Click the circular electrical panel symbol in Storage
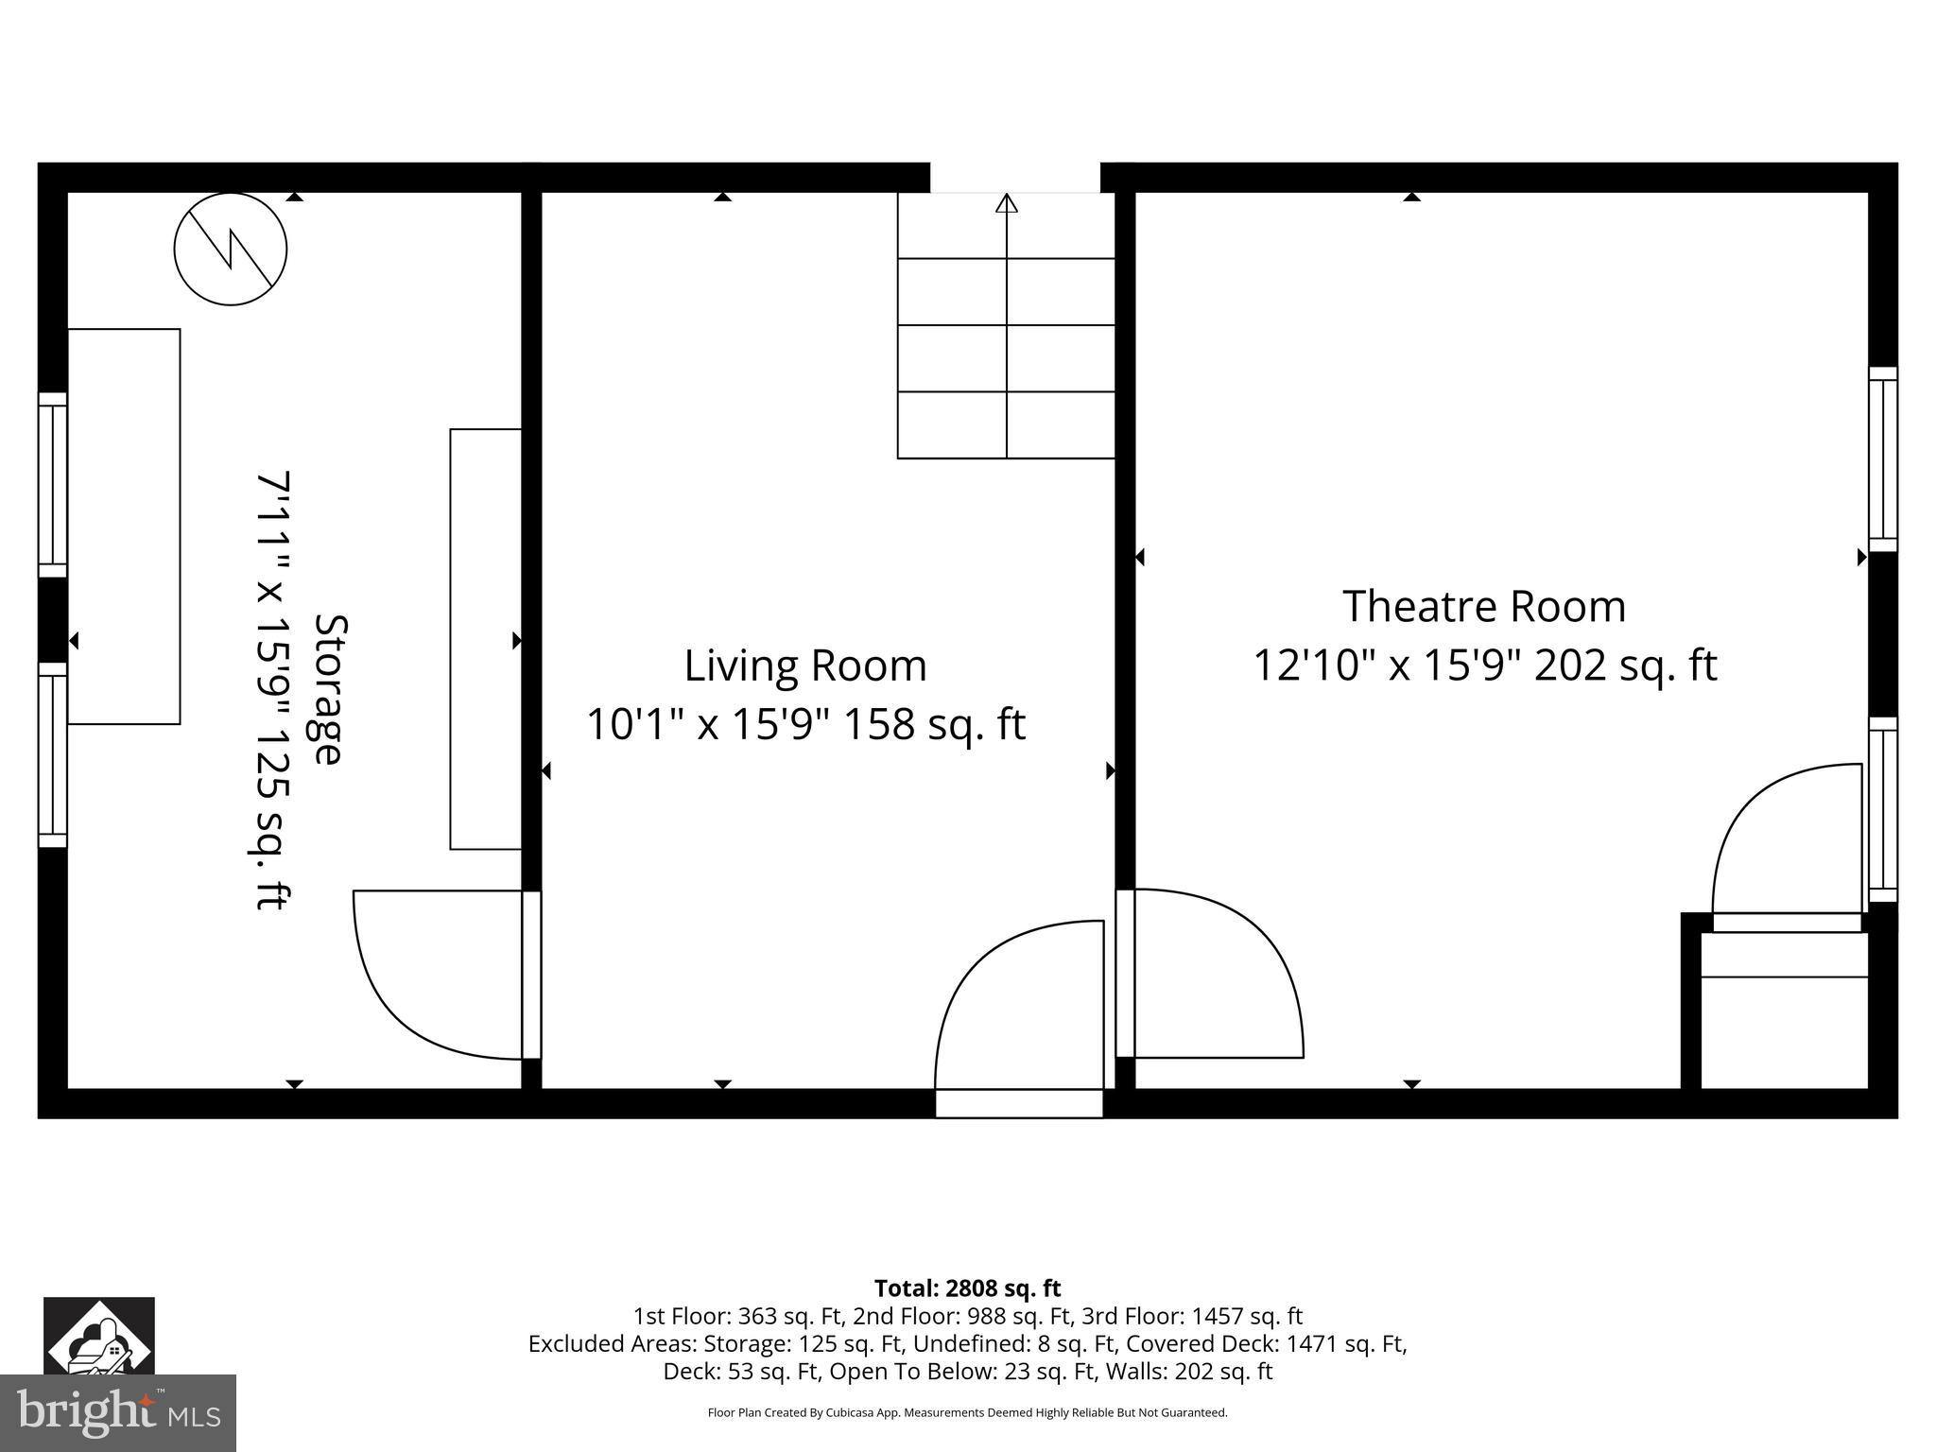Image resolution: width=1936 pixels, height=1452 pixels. tap(231, 249)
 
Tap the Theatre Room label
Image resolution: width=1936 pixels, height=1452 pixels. tap(1484, 606)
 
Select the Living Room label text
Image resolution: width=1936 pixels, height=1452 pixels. tap(805, 665)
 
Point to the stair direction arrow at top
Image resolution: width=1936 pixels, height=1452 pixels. tap(1007, 204)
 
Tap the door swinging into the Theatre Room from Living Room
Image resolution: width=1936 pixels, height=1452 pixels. tap(1215, 974)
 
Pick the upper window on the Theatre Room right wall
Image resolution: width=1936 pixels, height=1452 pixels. tap(1883, 459)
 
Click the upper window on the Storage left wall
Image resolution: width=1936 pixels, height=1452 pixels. tap(53, 484)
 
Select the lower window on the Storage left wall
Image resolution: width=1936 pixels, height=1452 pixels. tap(53, 754)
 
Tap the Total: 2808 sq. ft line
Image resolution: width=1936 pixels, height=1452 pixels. tap(967, 1288)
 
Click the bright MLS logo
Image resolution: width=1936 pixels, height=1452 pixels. tap(118, 1412)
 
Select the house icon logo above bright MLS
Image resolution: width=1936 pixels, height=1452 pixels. tap(99, 1335)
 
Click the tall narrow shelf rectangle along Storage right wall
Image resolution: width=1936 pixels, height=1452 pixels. tap(486, 639)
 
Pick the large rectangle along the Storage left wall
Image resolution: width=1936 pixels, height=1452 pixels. tap(124, 527)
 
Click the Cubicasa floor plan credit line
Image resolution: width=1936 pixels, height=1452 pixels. tap(967, 1412)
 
